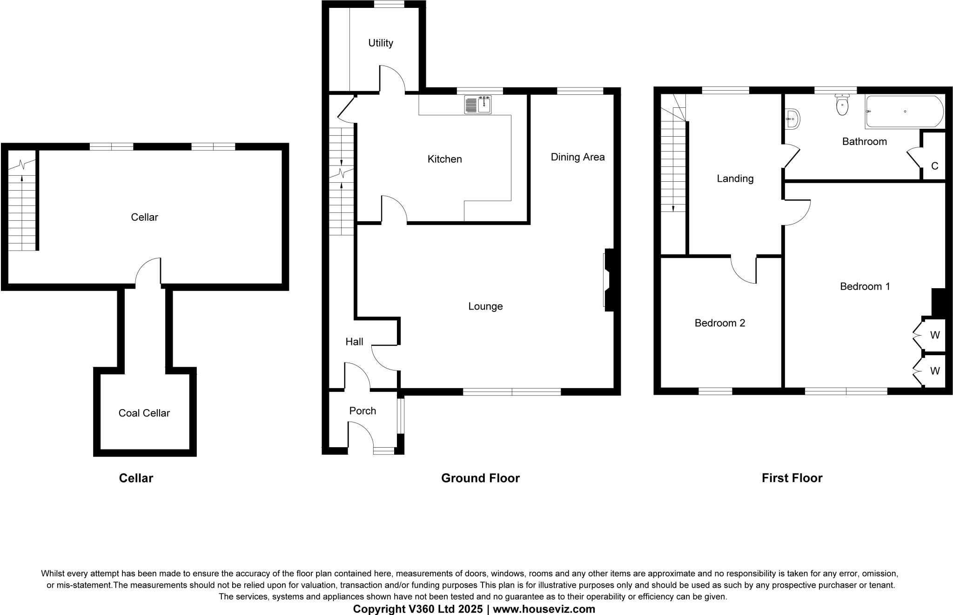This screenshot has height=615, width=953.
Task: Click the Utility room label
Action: click(x=381, y=43)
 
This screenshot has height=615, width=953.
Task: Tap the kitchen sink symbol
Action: click(x=478, y=105)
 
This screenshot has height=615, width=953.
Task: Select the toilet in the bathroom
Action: click(x=842, y=105)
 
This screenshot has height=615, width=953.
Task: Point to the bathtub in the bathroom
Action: click(x=904, y=112)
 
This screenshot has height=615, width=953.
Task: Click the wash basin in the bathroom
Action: click(x=792, y=119)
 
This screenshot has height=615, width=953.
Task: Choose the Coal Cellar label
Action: click(x=144, y=413)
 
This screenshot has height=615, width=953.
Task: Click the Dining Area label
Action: click(x=577, y=157)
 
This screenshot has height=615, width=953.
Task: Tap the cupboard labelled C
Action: click(x=934, y=166)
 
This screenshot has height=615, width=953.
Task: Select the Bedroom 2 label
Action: click(x=719, y=323)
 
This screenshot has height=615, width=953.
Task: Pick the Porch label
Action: click(x=362, y=411)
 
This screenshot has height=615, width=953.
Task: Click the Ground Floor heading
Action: click(x=480, y=478)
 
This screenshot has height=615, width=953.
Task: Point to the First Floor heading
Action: click(x=792, y=478)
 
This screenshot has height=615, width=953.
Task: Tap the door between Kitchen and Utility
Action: click(x=392, y=79)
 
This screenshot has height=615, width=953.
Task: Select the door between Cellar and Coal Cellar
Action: click(x=148, y=271)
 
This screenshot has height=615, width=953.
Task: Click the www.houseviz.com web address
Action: click(x=544, y=609)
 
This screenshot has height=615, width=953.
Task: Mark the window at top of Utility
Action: click(x=389, y=5)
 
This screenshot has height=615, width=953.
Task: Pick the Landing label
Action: click(x=735, y=179)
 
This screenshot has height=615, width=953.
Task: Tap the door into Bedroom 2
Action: click(x=744, y=270)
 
